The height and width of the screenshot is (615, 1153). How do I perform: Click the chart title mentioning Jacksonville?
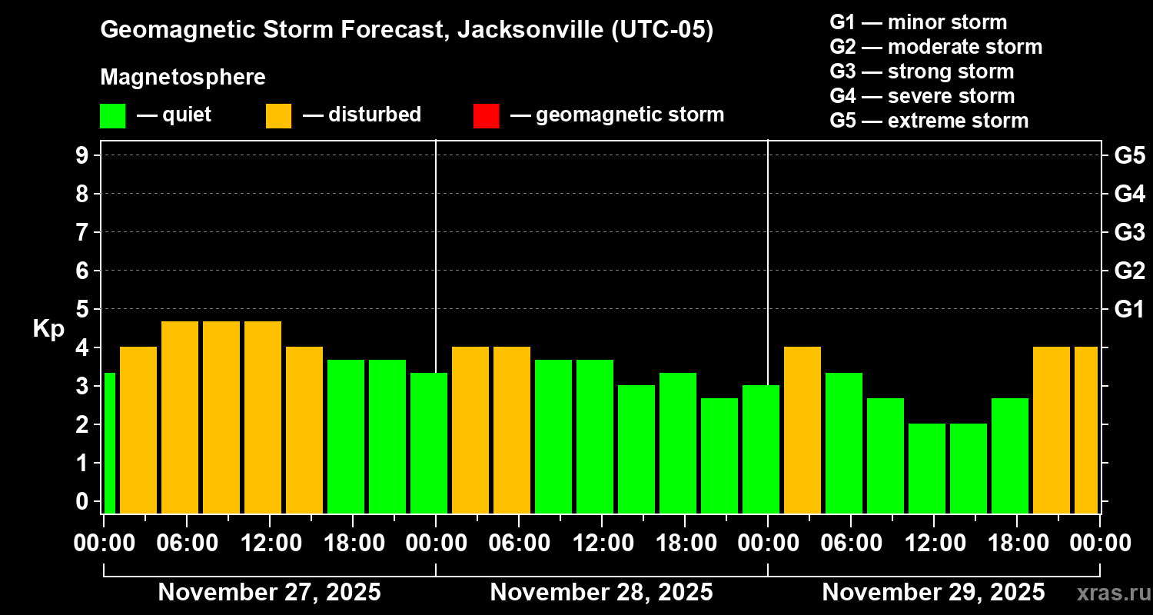tap(407, 30)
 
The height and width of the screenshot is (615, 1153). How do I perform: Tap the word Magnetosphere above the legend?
tap(183, 78)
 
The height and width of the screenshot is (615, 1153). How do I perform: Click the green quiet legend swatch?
tap(112, 116)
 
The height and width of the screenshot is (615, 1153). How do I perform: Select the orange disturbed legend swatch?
tap(278, 116)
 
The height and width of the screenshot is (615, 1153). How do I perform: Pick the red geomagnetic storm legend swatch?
tap(486, 116)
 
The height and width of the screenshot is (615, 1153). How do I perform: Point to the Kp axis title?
tap(48, 328)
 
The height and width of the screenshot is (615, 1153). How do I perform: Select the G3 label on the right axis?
tap(1129, 232)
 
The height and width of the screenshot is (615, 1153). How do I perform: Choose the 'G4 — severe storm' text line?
tap(922, 96)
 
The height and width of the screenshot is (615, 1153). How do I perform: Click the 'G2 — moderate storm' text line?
tap(935, 47)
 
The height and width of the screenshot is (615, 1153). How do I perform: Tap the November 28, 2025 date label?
tap(601, 592)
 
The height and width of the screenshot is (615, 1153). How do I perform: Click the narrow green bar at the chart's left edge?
tap(109, 443)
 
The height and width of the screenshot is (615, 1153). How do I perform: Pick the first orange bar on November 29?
tap(802, 430)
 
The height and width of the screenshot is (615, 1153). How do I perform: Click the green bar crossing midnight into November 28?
tap(429, 443)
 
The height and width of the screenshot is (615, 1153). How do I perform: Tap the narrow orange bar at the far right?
tap(1086, 430)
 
